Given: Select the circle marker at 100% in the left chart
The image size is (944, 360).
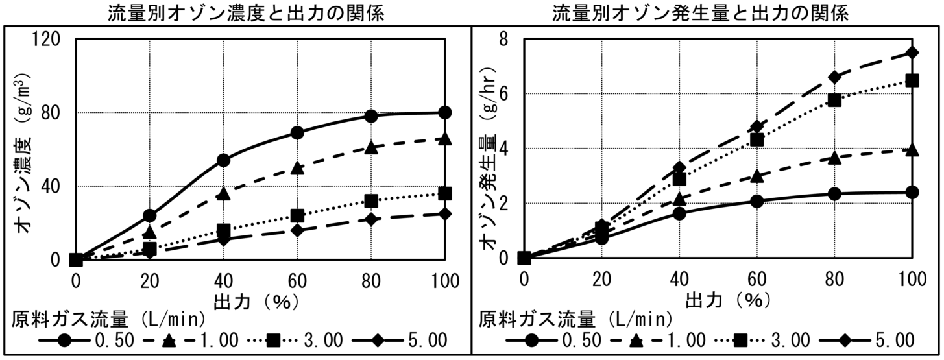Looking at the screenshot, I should tap(444, 112).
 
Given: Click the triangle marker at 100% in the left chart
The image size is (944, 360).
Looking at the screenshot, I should tap(444, 139).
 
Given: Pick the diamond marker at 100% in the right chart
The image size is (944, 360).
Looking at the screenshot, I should tap(912, 53).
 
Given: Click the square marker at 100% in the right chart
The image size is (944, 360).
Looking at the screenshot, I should tap(912, 80).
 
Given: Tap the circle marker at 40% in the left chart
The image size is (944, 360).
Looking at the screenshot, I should tap(223, 160).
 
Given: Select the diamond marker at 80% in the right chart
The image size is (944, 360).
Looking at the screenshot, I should tap(834, 77).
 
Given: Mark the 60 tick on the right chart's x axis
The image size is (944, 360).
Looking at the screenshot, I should tap(756, 281).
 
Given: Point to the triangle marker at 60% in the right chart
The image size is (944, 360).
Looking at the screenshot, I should tap(756, 176).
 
